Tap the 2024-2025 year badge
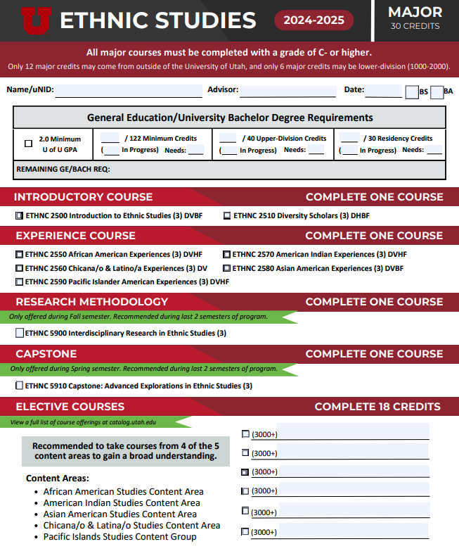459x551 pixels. (313, 20)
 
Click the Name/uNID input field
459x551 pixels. (129, 91)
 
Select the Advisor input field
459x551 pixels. (287, 91)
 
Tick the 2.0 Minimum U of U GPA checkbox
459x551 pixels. (29, 144)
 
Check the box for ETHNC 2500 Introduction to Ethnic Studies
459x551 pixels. (20, 216)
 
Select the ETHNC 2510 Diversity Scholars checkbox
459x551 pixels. (227, 216)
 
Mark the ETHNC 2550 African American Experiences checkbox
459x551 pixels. (20, 255)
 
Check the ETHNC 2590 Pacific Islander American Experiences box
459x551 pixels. (20, 281)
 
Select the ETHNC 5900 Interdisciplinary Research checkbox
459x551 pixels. (20, 333)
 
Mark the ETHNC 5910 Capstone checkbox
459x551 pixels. (20, 386)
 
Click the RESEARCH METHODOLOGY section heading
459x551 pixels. (92, 302)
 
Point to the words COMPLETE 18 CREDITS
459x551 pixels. (377, 407)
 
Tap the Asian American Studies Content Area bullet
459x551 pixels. (119, 514)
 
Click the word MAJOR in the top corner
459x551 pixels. (415, 12)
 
